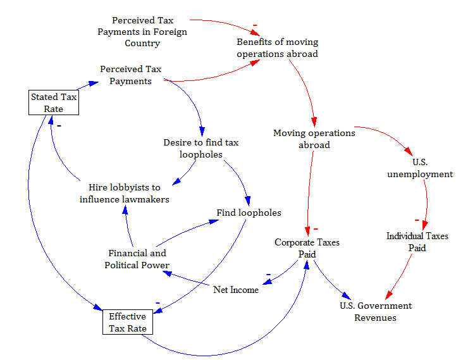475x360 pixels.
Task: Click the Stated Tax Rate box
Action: point(53,102)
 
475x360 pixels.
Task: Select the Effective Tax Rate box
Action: point(127,322)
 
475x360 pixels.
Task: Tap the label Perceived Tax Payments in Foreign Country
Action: point(142,32)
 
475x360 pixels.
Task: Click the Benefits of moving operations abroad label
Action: point(277,48)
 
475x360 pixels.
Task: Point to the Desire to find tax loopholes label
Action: point(200,148)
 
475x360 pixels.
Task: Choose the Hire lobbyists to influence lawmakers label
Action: point(125,193)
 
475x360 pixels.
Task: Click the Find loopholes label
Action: point(249,213)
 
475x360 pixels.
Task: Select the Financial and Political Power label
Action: point(137,259)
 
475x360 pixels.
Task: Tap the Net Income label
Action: point(235,290)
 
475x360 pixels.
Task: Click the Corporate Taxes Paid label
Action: point(307,248)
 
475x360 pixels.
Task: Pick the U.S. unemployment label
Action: point(420,168)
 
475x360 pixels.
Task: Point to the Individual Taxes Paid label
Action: point(417,242)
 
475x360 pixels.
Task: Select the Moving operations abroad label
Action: point(314,139)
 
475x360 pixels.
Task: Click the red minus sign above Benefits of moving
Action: point(254,25)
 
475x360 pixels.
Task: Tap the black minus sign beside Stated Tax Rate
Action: point(58,125)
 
